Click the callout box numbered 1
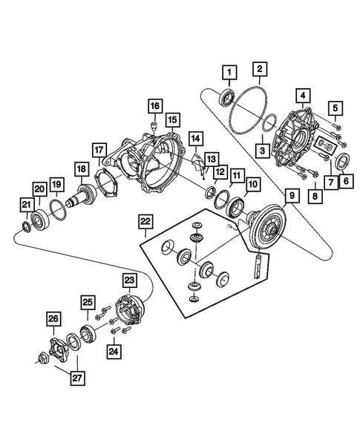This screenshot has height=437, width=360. pyautogui.click(x=229, y=72)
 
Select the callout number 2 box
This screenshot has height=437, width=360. pyautogui.click(x=260, y=71)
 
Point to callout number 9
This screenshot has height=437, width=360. pyautogui.click(x=291, y=197)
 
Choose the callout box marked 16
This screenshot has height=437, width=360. pyautogui.click(x=154, y=107)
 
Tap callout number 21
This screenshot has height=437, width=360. pyautogui.click(x=26, y=205)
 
